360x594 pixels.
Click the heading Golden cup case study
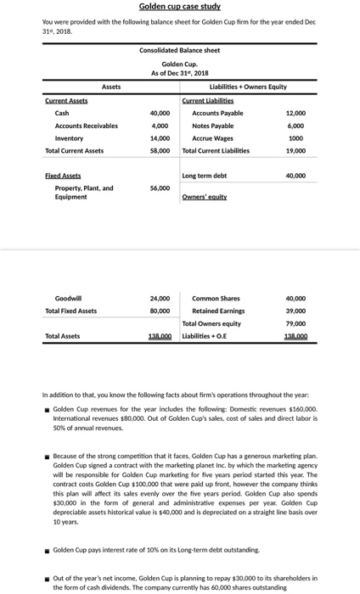click(x=179, y=7)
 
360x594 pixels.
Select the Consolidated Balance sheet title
click(x=179, y=51)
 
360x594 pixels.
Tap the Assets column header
click(x=110, y=87)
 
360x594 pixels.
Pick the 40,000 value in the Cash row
click(x=159, y=113)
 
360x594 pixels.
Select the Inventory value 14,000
click(x=159, y=138)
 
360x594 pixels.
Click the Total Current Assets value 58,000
click(x=159, y=151)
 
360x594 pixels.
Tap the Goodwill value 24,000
click(x=159, y=299)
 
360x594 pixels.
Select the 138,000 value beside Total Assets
click(x=159, y=337)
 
